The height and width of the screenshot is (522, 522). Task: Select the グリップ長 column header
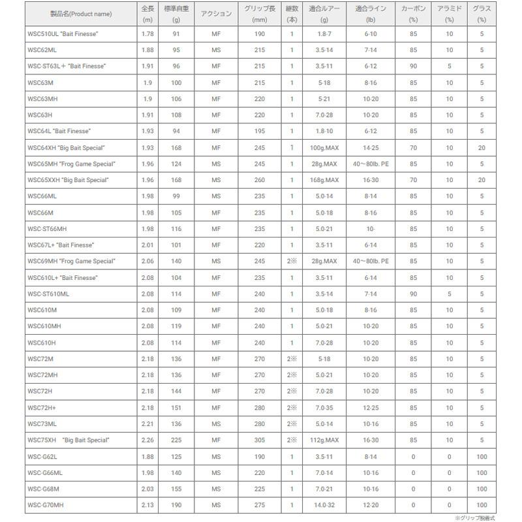coord(258,14)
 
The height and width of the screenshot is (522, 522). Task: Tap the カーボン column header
coord(413,14)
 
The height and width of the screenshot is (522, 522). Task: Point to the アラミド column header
coord(450,14)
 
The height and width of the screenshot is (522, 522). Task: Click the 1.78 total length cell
coord(147,35)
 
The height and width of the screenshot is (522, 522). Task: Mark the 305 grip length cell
coord(258,440)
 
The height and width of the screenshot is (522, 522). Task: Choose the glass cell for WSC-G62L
coord(482,456)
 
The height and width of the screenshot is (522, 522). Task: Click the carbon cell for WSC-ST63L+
coord(413,67)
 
